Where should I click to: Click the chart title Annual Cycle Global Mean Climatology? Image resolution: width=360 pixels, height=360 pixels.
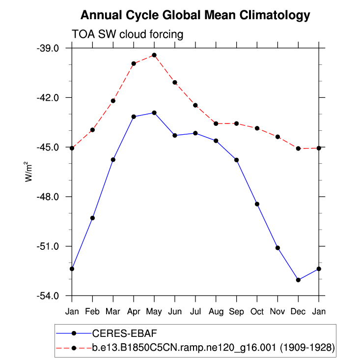click(195, 15)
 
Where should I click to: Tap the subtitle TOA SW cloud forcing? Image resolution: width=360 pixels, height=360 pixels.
click(127, 34)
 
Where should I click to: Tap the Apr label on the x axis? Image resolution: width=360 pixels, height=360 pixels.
click(134, 311)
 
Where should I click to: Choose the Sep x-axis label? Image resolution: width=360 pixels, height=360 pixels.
click(236, 311)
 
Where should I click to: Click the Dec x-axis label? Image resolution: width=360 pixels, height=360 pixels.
click(298, 311)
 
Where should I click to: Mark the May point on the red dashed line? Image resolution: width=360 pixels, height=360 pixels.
click(154, 55)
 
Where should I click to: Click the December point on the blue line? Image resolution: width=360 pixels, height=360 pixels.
click(298, 280)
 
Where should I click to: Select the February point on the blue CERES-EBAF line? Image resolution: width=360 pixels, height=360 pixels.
click(92, 218)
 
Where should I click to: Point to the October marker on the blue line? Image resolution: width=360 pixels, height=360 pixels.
click(257, 204)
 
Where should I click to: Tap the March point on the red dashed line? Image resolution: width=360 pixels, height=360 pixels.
click(113, 101)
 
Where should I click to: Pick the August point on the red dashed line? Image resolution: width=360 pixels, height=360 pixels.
click(216, 123)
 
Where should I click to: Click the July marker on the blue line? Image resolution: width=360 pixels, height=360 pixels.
click(195, 133)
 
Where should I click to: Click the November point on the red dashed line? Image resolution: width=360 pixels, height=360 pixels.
click(277, 137)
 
